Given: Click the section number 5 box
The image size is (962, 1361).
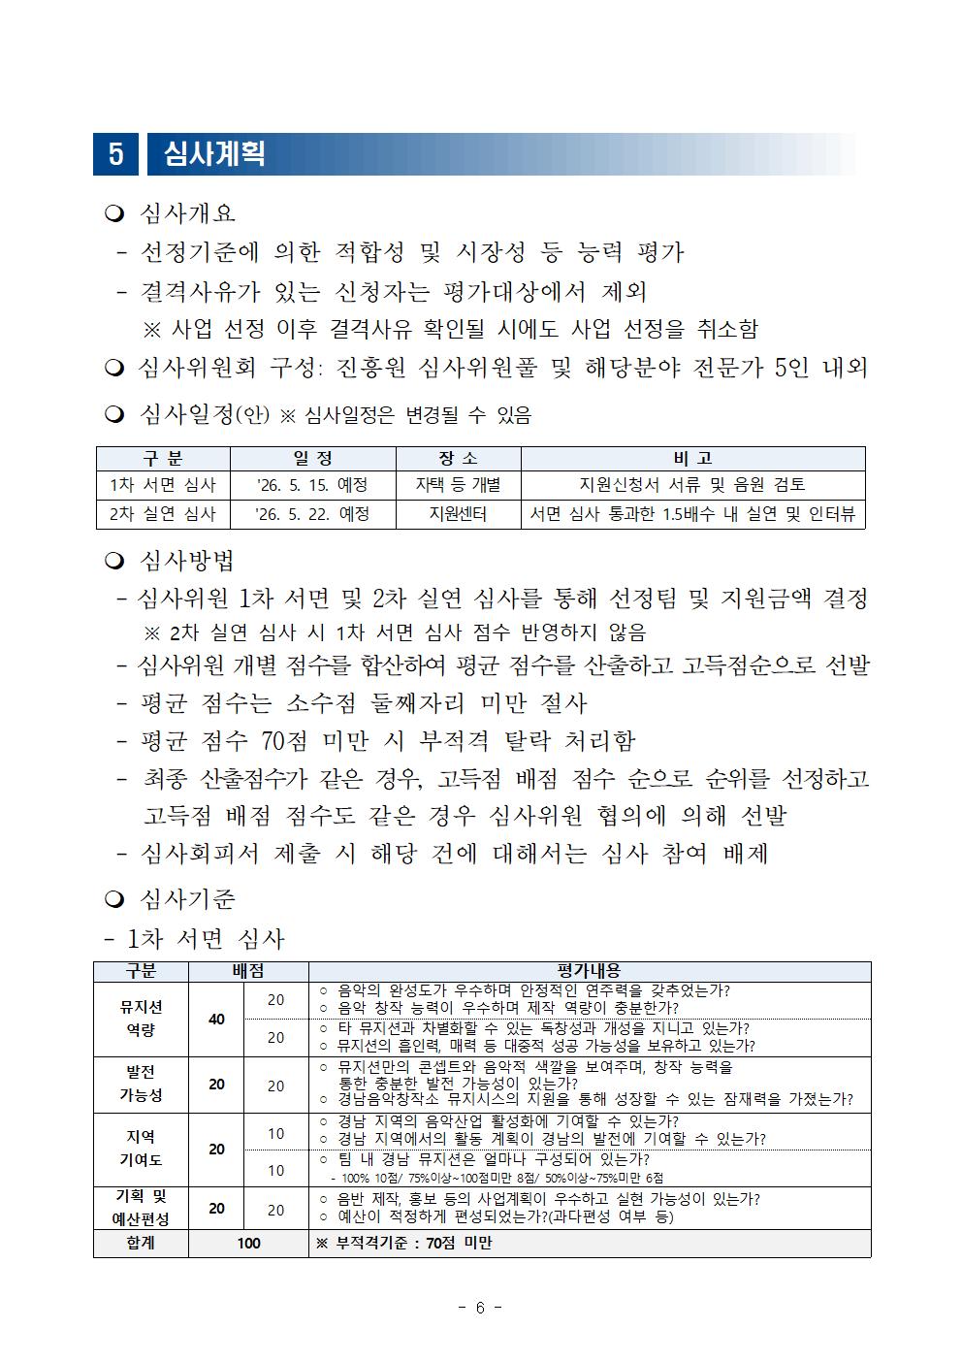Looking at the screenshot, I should (x=116, y=154).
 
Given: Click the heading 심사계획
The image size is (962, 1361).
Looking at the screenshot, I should (x=214, y=154).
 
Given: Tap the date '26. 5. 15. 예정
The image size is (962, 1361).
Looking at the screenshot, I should (x=312, y=485).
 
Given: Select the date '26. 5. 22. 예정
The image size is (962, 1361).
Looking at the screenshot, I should (x=312, y=514).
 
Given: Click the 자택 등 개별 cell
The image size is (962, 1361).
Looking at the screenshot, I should (x=458, y=485).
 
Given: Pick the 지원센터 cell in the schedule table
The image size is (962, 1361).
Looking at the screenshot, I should (x=458, y=514).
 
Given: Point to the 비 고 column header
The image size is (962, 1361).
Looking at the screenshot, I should (x=692, y=459).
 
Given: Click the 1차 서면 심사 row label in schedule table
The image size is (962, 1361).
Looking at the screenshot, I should (x=163, y=485).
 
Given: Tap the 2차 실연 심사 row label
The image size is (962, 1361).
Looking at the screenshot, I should (x=163, y=514).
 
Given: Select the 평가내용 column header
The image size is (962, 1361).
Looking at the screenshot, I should (x=590, y=971).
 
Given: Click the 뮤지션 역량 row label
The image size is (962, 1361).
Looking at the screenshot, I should (x=141, y=1019).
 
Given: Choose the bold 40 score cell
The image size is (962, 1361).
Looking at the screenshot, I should (x=217, y=1020).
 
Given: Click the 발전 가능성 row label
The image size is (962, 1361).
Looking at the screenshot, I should (x=141, y=1084).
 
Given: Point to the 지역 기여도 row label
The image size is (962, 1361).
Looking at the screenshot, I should (x=141, y=1149).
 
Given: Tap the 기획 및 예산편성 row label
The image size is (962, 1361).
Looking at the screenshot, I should (x=141, y=1209).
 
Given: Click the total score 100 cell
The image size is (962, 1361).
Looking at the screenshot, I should (x=248, y=1244).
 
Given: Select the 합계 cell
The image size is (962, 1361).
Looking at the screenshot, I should (x=141, y=1244).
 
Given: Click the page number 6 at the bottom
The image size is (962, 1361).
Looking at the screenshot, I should (x=480, y=1308).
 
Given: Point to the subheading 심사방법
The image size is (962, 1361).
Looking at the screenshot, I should (x=187, y=561).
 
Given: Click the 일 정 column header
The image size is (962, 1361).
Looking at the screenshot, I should (x=312, y=459).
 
